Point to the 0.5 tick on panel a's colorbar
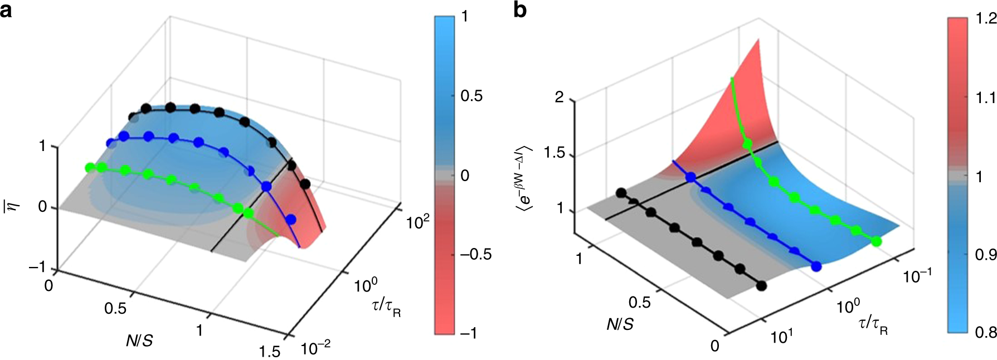click(471, 96)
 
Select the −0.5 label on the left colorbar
click(475, 254)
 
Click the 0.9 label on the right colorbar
click(986, 255)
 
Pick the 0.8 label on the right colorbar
click(986, 333)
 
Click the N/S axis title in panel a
click(139, 341)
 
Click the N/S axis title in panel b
click(620, 324)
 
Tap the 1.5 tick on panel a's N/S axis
click(270, 352)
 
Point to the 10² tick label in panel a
click(418, 222)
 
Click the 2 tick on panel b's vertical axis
click(559, 98)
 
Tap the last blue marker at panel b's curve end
click(816, 266)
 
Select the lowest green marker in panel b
click(876, 241)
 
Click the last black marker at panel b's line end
click(762, 286)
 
